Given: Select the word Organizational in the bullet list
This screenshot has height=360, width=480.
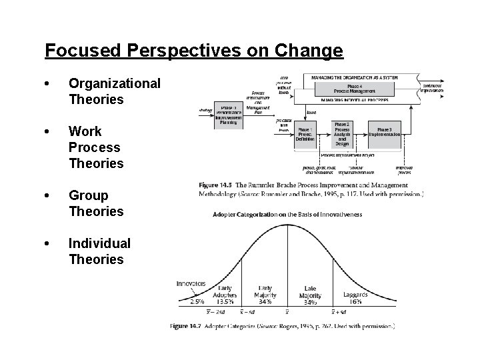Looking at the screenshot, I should coord(115,83).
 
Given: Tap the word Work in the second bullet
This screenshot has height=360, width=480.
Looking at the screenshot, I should coord(85,131).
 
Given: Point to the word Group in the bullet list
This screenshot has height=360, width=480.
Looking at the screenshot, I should coord(87,195).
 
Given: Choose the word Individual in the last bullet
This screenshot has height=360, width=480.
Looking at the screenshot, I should coord(99,243).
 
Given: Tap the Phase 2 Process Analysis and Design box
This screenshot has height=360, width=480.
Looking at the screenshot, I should coord(342,135).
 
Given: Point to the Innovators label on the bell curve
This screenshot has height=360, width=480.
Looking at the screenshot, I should coord(191,283).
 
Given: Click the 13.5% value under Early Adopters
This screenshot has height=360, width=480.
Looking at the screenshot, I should coord(225,301).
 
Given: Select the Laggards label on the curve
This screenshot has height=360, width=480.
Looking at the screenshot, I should coord(356,294).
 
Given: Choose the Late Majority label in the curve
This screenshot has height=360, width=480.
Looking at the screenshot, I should coord(310,291).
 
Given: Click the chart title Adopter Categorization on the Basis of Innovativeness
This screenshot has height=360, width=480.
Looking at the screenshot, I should coord(287,215).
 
